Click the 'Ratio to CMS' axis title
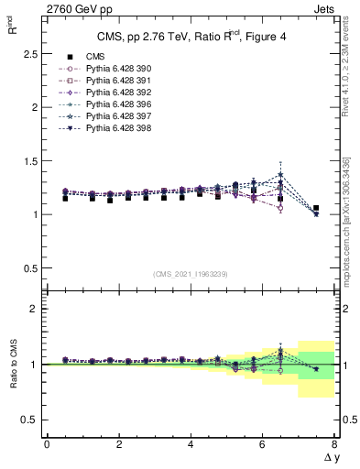(14, 364)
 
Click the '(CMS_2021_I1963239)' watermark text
(191, 274)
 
